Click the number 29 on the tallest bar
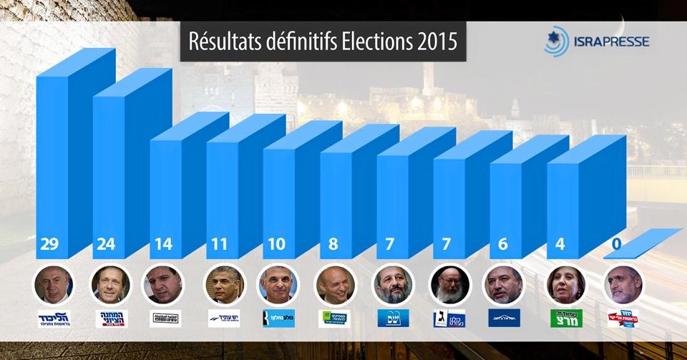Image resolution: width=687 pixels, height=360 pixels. [49, 245]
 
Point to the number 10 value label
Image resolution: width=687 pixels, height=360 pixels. [276, 245]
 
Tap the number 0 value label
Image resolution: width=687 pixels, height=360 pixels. [616, 245]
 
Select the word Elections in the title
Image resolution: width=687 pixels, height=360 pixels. [373, 41]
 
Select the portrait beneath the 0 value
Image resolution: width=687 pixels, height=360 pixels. [623, 285]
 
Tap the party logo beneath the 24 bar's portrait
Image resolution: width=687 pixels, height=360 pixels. [111, 318]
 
